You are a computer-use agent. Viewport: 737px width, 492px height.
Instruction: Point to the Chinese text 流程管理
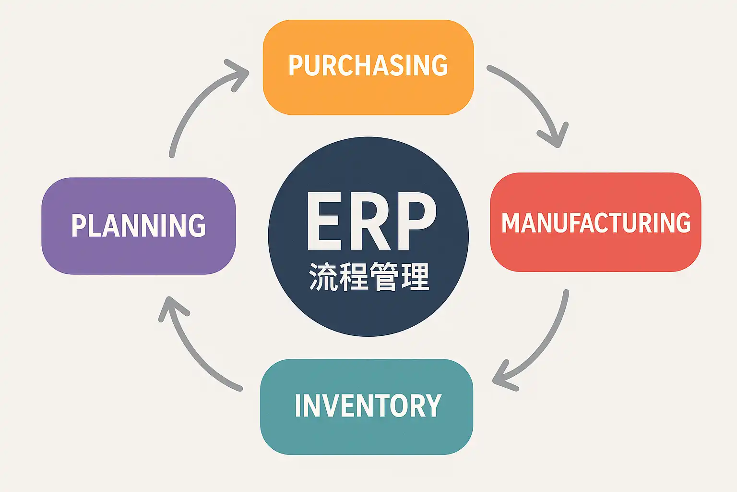[368, 277]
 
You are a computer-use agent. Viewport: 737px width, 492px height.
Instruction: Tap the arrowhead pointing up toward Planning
[170, 307]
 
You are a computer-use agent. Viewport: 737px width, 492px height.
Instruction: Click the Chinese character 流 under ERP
[322, 277]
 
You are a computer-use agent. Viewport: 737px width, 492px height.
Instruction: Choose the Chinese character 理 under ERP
[415, 277]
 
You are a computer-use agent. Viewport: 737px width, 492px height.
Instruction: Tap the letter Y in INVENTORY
[432, 406]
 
